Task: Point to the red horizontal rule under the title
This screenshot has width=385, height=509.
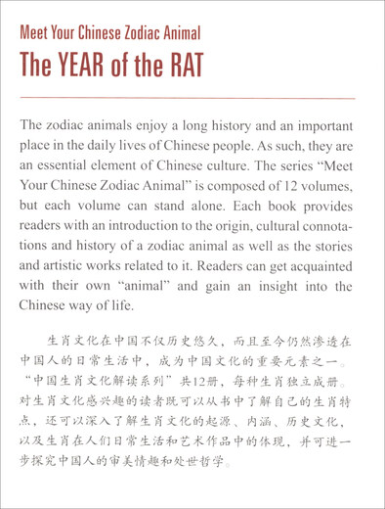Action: tap(192, 97)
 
